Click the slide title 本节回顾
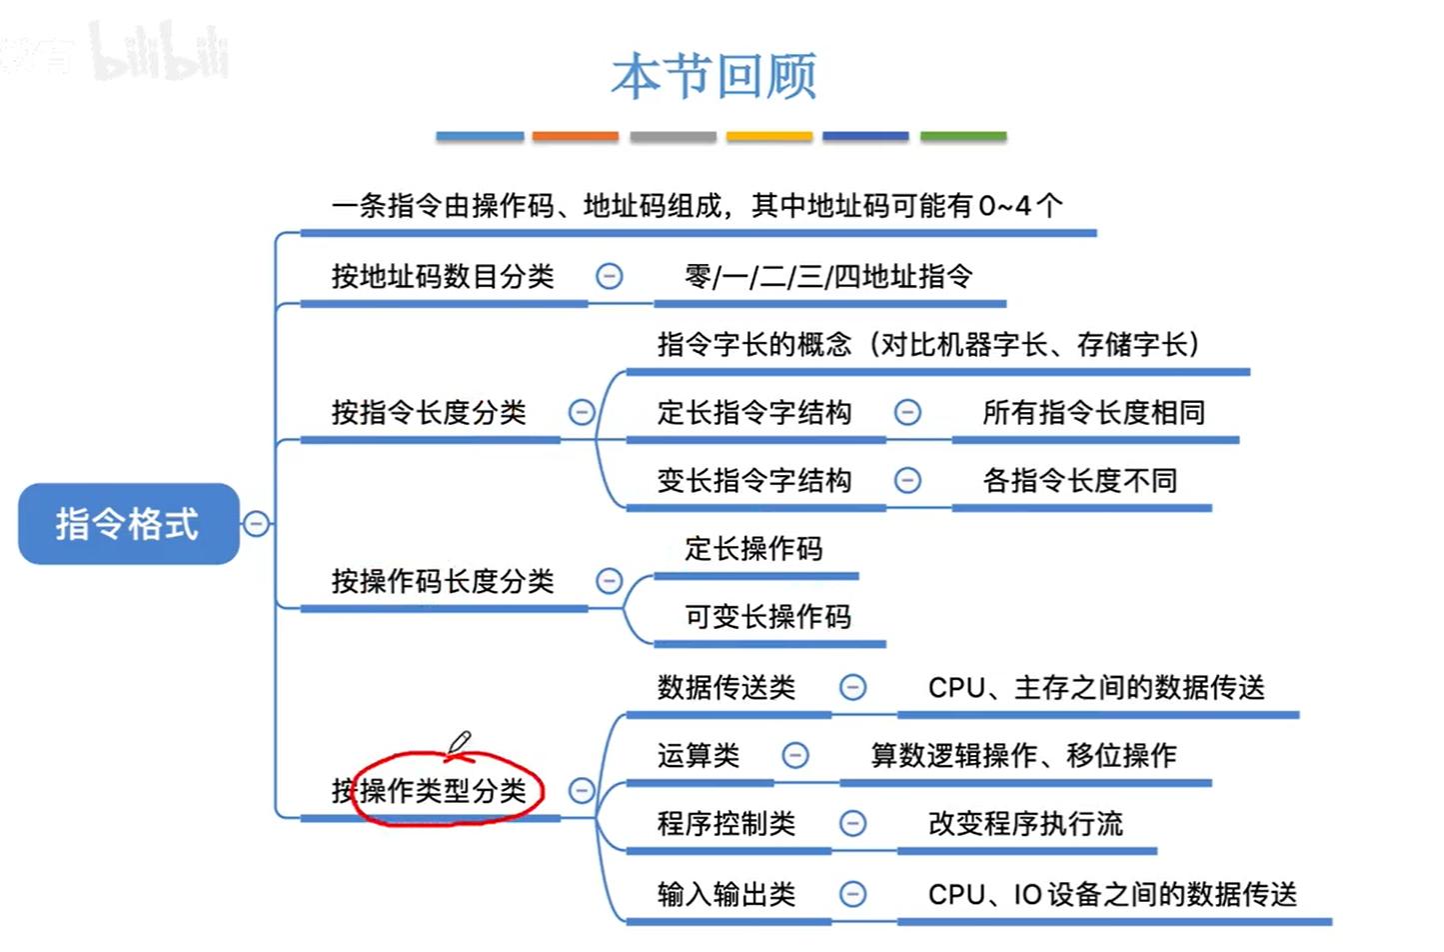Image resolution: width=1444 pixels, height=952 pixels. (x=714, y=77)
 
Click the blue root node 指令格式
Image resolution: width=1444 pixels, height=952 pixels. (x=128, y=524)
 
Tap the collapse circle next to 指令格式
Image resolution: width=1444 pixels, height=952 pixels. (x=256, y=524)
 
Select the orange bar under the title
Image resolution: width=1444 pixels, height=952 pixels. (x=575, y=136)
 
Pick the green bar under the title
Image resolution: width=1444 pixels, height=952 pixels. (x=962, y=136)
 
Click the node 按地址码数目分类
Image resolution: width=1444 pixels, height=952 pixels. (x=442, y=276)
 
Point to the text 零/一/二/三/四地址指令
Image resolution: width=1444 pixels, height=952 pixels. (x=828, y=276)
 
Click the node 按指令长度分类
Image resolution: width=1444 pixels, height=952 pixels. (x=429, y=412)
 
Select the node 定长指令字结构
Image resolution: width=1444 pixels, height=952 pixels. (x=754, y=412)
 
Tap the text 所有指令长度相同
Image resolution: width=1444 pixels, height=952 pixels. (x=1093, y=412)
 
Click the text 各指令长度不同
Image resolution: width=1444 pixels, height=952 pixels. (x=1079, y=480)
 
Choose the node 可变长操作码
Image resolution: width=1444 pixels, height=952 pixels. (x=767, y=616)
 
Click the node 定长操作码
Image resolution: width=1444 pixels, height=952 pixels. (x=753, y=548)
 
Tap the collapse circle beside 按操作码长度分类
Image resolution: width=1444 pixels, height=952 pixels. (x=609, y=581)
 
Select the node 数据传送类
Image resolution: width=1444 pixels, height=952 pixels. (x=726, y=687)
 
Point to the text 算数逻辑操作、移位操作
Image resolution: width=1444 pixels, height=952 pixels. (x=1023, y=755)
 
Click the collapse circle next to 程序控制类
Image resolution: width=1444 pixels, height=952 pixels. (x=852, y=823)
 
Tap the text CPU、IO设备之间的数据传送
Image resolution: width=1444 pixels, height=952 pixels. (x=1112, y=893)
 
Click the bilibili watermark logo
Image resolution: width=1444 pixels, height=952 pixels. (x=160, y=52)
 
